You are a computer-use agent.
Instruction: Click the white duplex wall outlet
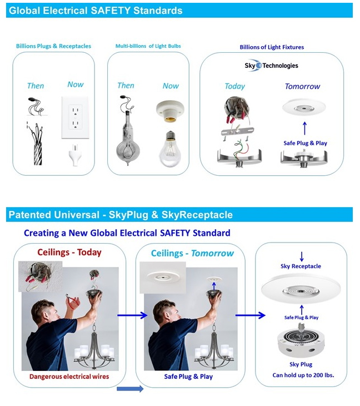(75, 117)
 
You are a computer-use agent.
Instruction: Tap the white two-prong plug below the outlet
(75, 155)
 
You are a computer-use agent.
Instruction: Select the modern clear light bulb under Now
(170, 149)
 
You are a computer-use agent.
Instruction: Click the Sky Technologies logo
(271, 66)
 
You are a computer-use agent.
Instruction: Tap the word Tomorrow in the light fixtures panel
(302, 86)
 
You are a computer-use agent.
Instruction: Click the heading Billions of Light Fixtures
(272, 47)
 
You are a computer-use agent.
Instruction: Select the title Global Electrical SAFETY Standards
(96, 11)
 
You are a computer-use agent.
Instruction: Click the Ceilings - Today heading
(69, 252)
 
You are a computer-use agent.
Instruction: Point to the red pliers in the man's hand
(72, 301)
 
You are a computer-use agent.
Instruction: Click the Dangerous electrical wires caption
(69, 377)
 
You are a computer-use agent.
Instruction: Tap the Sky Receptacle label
(301, 266)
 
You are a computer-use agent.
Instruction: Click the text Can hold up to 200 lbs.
(303, 375)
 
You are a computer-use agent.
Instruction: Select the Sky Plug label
(301, 365)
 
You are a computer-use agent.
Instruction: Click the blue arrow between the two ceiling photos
(132, 315)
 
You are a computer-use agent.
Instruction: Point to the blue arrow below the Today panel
(130, 389)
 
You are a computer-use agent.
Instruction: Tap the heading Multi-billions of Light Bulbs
(148, 46)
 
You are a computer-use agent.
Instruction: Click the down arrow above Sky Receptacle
(302, 256)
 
